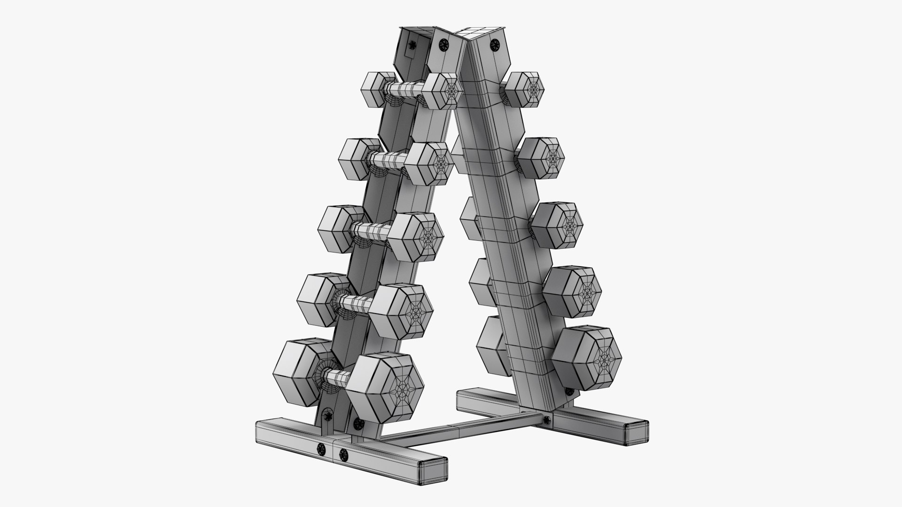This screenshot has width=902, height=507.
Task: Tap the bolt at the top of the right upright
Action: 494,45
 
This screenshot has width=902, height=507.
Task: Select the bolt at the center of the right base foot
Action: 546,420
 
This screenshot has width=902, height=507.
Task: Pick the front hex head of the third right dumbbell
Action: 559,225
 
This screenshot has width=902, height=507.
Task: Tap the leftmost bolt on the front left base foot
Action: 321,448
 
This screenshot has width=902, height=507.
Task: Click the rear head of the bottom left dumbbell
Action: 301,374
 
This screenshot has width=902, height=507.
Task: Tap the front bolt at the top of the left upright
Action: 444,45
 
